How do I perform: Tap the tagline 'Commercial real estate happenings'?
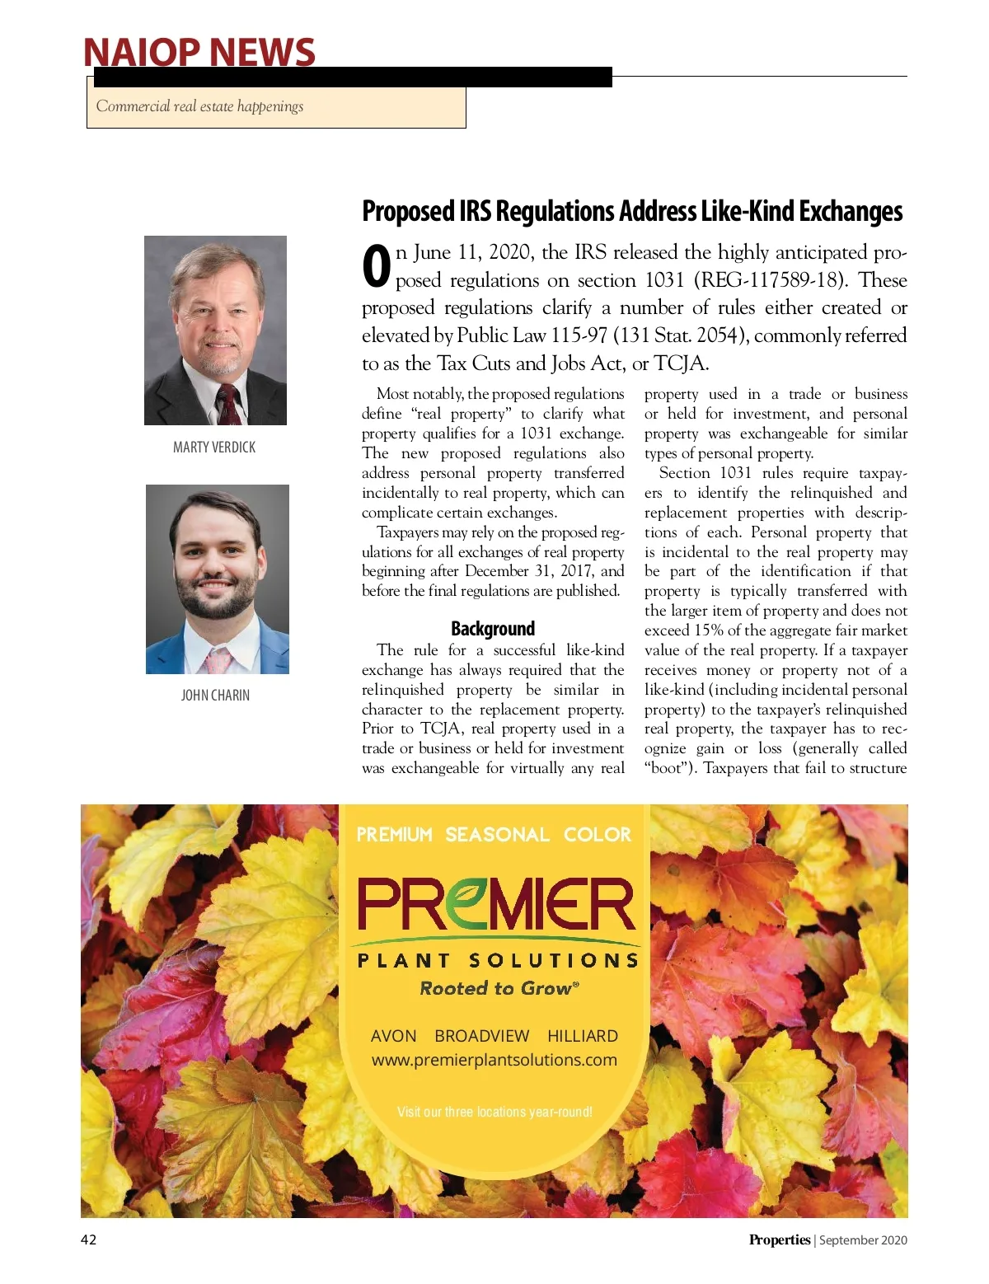[x=199, y=106]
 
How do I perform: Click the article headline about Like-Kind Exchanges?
[x=632, y=211]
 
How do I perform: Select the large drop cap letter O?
[x=376, y=267]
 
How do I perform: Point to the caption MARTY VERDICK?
[x=214, y=448]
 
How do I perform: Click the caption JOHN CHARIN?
[x=215, y=696]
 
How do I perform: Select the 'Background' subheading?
[x=493, y=629]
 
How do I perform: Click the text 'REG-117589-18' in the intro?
[x=772, y=280]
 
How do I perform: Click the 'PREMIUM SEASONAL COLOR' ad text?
[x=494, y=835]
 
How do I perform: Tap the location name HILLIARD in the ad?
[x=583, y=1036]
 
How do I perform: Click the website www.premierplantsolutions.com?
[x=494, y=1060]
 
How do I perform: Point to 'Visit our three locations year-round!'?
[x=494, y=1112]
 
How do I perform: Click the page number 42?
[x=88, y=1239]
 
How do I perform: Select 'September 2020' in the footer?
[x=863, y=1239]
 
